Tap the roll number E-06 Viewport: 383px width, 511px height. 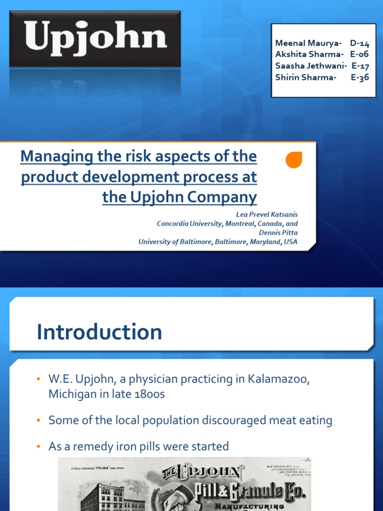(x=360, y=54)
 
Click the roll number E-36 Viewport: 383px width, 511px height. (x=360, y=77)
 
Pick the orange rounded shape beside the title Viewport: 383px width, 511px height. (x=294, y=160)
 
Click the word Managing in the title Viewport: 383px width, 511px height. (x=52, y=157)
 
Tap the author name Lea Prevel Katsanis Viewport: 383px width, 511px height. (x=267, y=215)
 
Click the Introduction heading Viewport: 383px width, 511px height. (x=99, y=332)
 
